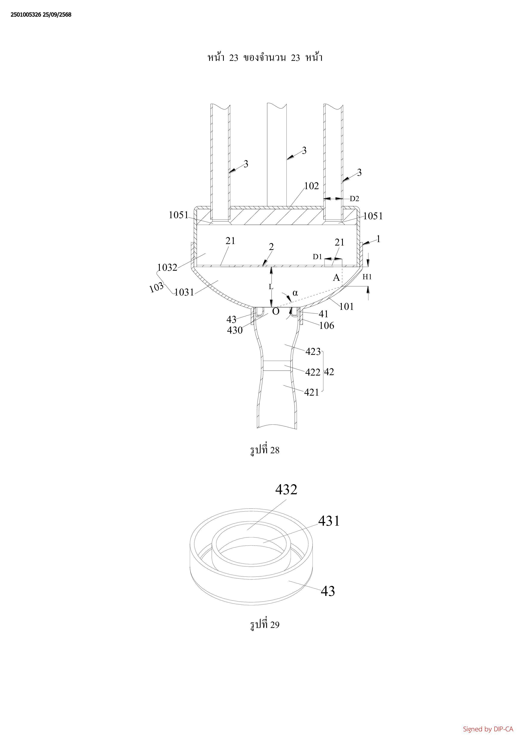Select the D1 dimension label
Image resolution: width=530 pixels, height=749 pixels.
pos(317,257)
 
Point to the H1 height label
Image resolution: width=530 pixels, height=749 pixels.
pos(367,277)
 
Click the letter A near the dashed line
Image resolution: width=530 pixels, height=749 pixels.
pos(336,278)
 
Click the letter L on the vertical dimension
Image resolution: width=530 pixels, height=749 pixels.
pos(271,287)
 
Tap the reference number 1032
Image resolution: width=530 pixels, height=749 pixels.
pos(167,268)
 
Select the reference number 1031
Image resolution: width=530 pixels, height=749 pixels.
pos(184,292)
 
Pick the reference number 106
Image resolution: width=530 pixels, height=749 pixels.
pos(327,326)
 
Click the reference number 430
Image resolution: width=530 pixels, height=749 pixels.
pos(235,331)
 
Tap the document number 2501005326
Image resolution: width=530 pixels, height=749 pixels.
pos(26,15)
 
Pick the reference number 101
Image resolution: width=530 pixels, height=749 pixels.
pos(346,306)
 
